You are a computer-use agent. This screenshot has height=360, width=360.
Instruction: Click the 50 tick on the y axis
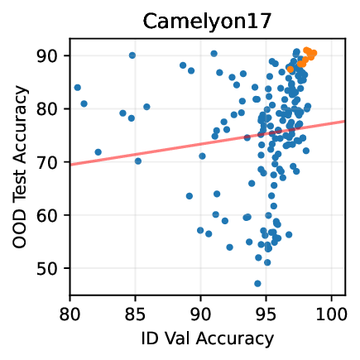coord(52,269)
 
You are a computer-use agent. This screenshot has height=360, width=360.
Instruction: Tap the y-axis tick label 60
coord(52,216)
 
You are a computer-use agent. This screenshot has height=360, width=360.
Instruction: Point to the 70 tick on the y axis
coord(52,162)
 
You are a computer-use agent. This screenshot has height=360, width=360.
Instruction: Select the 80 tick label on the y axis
coord(52,109)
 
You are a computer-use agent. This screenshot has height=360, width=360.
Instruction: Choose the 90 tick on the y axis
coord(52,55)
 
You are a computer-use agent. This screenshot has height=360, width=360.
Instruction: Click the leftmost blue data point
coord(78,87)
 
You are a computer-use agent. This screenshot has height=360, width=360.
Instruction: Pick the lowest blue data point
coord(257,283)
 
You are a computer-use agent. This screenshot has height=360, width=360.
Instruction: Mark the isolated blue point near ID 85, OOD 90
coord(132,55)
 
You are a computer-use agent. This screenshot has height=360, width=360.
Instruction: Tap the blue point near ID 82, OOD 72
coord(98,152)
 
